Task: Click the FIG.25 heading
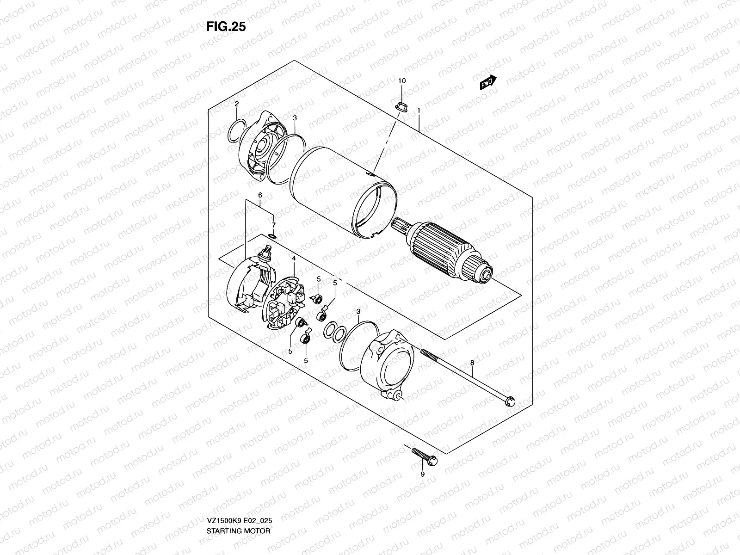pyautogui.click(x=226, y=27)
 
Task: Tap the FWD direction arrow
pyautogui.click(x=488, y=83)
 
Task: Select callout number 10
pyautogui.click(x=402, y=81)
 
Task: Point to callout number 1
pyautogui.click(x=418, y=111)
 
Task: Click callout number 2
pyautogui.click(x=236, y=104)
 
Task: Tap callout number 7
pyautogui.click(x=273, y=225)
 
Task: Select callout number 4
pyautogui.click(x=293, y=258)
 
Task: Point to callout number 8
pyautogui.click(x=472, y=364)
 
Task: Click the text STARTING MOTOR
pyautogui.click(x=239, y=505)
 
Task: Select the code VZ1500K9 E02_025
pyautogui.click(x=240, y=494)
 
